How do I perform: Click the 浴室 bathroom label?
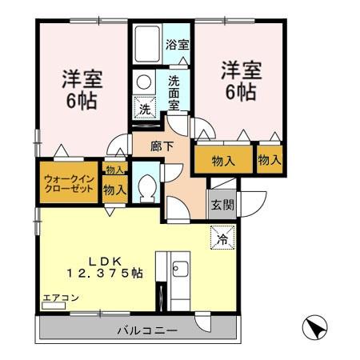(178, 46)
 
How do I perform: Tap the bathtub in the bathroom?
(146, 46)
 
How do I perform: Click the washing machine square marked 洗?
(145, 107)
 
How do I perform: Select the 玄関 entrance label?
(222, 204)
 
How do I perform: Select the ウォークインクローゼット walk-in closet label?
(67, 181)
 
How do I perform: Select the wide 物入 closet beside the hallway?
(223, 161)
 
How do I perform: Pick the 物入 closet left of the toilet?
(114, 190)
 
